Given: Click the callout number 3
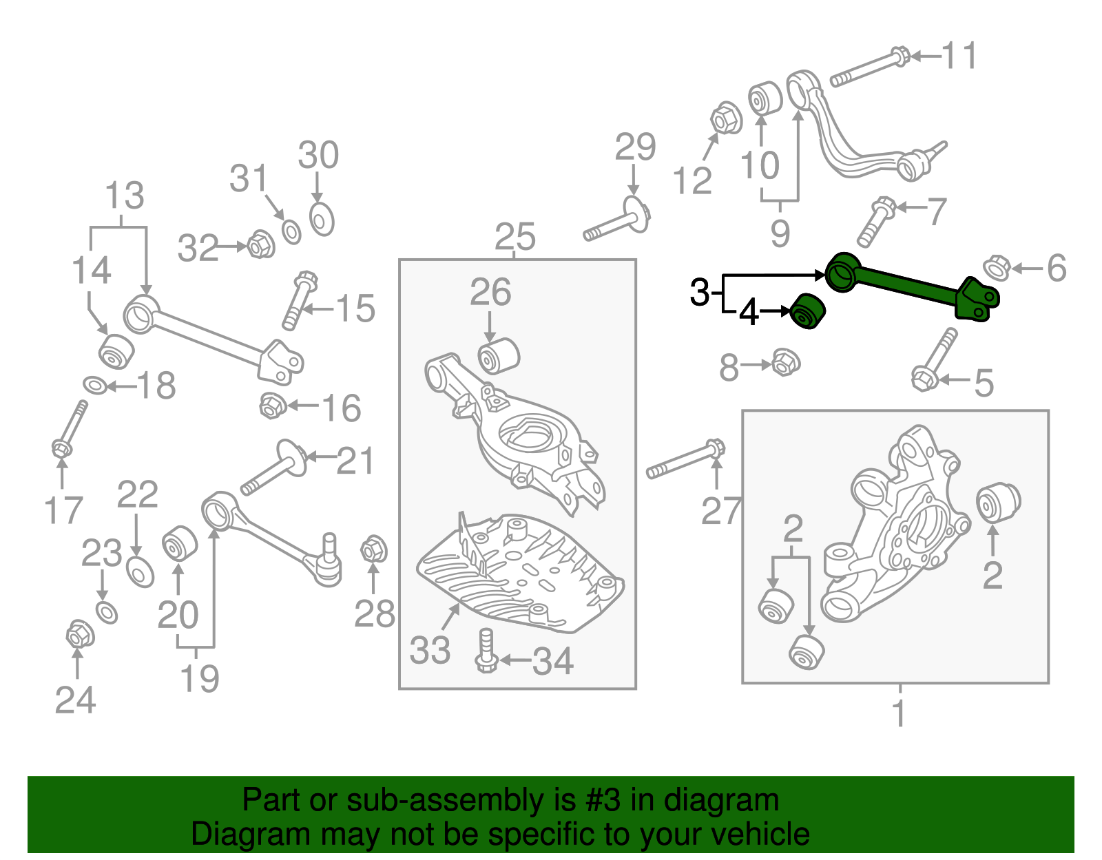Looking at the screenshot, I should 699,293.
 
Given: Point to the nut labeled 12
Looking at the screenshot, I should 726,119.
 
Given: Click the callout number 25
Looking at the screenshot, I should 514,238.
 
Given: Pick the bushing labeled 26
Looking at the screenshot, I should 498,356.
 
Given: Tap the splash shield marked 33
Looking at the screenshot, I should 520,571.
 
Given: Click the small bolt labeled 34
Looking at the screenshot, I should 486,651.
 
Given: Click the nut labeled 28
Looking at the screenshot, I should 373,549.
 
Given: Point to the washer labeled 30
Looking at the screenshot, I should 322,220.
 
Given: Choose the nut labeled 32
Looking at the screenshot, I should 260,244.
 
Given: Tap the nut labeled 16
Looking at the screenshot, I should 273,406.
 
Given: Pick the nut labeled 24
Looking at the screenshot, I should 80,634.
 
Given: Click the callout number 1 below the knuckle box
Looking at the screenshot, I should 899,713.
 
